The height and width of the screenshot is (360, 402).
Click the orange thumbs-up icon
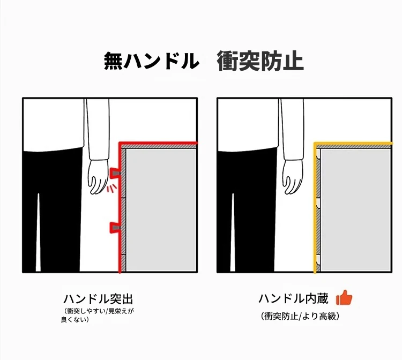[x=344, y=297]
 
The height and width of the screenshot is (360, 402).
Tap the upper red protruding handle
[x=114, y=173]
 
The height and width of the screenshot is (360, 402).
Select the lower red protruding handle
[x=114, y=228]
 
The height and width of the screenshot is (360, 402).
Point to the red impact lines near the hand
[x=112, y=189]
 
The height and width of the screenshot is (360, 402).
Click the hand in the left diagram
[x=98, y=177]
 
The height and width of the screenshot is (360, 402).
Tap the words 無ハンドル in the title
[x=151, y=61]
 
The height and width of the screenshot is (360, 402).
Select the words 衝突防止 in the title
[x=260, y=61]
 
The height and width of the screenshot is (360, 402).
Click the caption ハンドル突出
[x=98, y=299]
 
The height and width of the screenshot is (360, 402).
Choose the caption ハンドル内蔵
[x=293, y=298]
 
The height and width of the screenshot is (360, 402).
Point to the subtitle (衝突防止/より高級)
[x=300, y=316]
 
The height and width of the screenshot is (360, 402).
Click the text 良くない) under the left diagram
[x=75, y=319]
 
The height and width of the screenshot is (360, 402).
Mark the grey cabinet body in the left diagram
[x=161, y=210]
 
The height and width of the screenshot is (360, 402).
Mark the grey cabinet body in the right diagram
[x=355, y=210]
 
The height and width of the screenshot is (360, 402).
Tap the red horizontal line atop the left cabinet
[x=158, y=142]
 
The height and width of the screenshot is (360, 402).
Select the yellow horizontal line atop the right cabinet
[x=353, y=143]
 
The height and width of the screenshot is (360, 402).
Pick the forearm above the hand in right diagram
[x=292, y=130]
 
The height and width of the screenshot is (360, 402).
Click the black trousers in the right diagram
[x=246, y=210]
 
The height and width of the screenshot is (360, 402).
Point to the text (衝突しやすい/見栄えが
[x=99, y=311]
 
